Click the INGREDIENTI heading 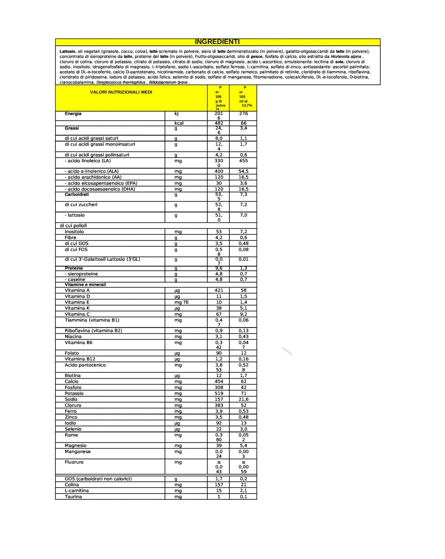coord(217,42)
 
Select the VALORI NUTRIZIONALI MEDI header coord(121,92)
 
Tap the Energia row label coord(73,114)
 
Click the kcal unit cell coord(179,123)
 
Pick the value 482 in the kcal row coord(219,123)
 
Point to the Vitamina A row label coord(77,290)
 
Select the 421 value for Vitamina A coord(219,290)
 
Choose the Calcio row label coord(72,382)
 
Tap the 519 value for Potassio coord(219,393)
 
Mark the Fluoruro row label coord(74,462)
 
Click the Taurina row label coord(73,497)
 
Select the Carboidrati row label coord(77,194)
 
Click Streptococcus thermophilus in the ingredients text coord(121,82)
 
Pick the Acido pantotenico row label coord(85,365)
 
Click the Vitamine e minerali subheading coord(86,285)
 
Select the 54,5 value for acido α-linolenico coord(243,171)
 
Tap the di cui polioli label coord(73,226)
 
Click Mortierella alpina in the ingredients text coord(346,56)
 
